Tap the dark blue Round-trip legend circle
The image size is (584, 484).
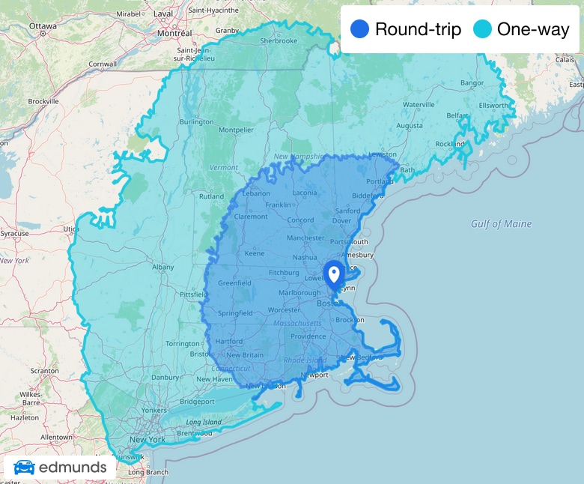coord(360,29)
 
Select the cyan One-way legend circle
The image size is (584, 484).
coord(482,29)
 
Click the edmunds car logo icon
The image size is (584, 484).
coord(24,468)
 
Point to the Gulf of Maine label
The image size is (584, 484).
coord(501,224)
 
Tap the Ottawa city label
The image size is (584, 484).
coord(43,25)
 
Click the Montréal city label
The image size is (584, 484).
coord(174,33)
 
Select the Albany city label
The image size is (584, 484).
coord(162,267)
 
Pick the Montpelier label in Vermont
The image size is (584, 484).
coord(237,130)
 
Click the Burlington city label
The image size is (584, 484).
coord(196,121)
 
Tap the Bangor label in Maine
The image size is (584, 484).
coord(472,82)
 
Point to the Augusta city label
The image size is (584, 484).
coord(410,126)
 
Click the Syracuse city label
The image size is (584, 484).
coord(14,234)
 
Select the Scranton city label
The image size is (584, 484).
coord(44,371)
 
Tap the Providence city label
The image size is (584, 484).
coord(308,336)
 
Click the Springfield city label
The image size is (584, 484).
coord(235,312)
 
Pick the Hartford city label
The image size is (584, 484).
coord(228,341)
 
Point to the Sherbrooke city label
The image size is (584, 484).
coord(279,40)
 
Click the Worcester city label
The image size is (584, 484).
coord(284,309)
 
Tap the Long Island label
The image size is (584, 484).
coord(204,422)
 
